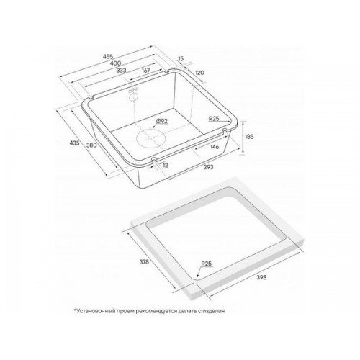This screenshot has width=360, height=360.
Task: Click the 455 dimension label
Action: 108,57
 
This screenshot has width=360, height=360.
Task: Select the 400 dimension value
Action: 115,63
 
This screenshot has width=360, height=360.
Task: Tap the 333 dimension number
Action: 121,71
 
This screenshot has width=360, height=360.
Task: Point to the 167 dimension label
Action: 145,71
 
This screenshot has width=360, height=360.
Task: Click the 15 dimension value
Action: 181,58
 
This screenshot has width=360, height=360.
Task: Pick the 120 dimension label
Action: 199,73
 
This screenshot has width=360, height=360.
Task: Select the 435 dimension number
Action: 74,143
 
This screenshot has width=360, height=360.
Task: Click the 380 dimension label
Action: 91,145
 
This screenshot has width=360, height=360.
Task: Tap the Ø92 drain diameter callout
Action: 161,121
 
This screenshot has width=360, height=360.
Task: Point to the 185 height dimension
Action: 249,137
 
